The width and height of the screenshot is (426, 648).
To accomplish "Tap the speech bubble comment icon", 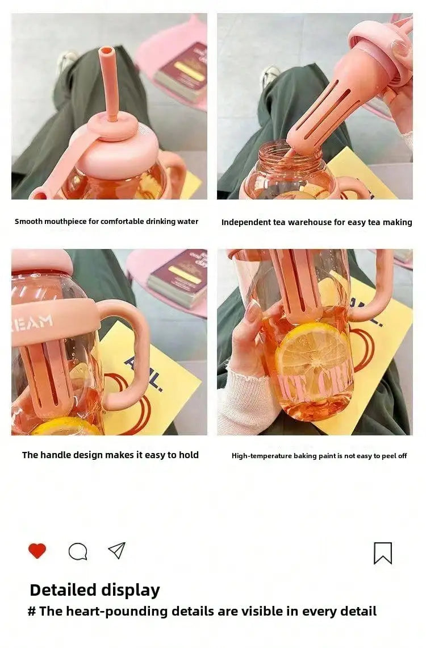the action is [x=78, y=551].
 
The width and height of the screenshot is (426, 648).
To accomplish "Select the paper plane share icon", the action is [x=116, y=550].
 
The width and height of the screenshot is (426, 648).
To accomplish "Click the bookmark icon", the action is [x=383, y=554].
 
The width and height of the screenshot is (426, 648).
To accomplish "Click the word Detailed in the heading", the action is [x=63, y=589].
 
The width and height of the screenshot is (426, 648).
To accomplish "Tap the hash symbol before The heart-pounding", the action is [x=32, y=611].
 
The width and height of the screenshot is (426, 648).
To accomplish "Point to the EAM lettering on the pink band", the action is [x=35, y=322].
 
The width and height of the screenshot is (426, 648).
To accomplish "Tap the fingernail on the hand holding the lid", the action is [x=399, y=48].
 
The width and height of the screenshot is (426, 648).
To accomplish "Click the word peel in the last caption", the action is [x=389, y=456].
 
